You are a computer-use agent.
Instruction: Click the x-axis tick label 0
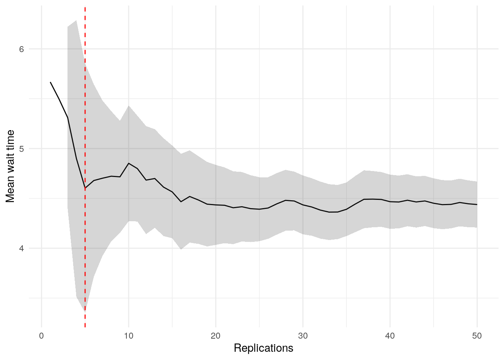(42, 336)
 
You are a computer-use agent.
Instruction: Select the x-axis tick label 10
(129, 336)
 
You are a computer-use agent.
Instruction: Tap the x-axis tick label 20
(216, 336)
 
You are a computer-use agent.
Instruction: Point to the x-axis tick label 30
(303, 336)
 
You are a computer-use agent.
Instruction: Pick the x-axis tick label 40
(390, 336)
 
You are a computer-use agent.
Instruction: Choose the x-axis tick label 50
(477, 336)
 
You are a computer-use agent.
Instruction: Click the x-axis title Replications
(263, 348)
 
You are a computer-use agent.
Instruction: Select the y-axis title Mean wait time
(10, 166)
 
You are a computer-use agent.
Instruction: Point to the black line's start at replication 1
(50, 82)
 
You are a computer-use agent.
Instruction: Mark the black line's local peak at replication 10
(129, 163)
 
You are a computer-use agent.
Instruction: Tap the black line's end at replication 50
(477, 204)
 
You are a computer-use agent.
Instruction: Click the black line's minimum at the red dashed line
(85, 188)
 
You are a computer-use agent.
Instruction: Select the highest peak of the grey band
(76, 21)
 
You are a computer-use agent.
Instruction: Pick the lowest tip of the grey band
(85, 311)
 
